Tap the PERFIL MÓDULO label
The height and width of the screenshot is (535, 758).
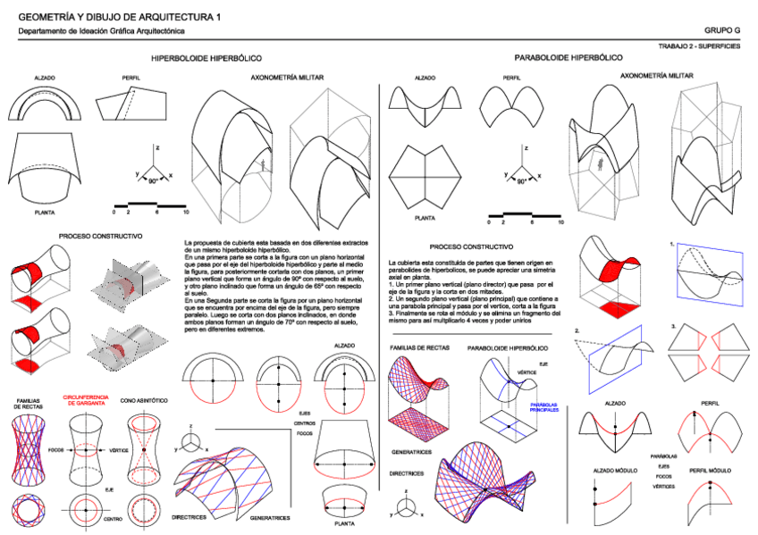[x=710, y=470]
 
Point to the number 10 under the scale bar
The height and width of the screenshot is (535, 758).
[x=185, y=213]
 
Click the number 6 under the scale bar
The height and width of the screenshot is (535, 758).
[x=157, y=213]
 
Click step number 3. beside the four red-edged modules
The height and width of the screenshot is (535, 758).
[x=672, y=327]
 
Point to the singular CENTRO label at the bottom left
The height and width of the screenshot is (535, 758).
[x=113, y=519]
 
